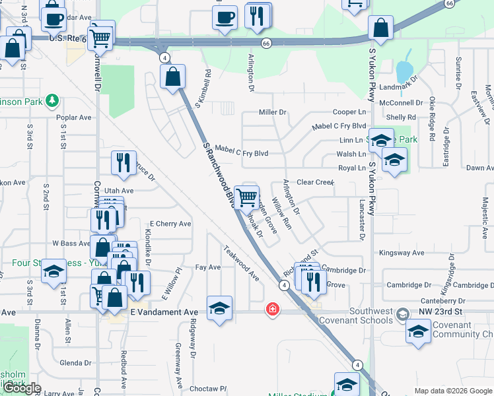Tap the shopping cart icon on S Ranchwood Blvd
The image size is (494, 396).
[246, 196]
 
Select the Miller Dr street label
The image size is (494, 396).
[272, 112]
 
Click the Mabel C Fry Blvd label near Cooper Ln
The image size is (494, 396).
[339, 126]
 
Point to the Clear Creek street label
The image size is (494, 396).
[315, 182]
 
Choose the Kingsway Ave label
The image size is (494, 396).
[401, 253]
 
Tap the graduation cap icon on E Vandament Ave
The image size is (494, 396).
[219, 308]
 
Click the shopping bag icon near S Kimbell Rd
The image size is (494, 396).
[172, 77]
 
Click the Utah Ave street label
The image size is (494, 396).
[118, 190]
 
